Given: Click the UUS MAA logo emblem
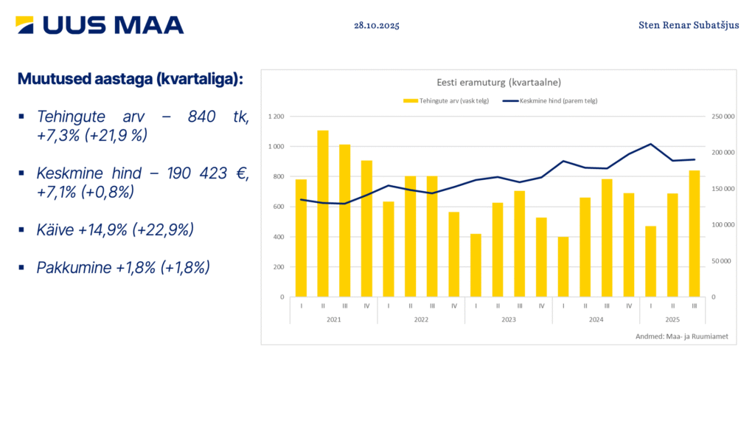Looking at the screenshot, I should pos(24,25).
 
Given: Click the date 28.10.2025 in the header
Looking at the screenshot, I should pos(376,25).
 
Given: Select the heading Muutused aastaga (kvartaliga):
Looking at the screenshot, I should pos(130,79).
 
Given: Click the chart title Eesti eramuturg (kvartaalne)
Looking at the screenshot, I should pos(498,82).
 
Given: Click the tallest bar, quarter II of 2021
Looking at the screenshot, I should pos(323,214).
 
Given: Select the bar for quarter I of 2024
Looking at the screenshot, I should pos(563,267).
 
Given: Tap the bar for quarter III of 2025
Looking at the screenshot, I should pos(695,234).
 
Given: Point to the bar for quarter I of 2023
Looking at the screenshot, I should pos(476,266).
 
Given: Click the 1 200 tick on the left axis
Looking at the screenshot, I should pos(276,117).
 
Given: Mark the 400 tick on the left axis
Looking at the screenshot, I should pos(279,237).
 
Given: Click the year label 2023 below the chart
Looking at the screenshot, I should pos(509,320).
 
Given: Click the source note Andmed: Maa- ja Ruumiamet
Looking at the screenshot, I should pos(681,336).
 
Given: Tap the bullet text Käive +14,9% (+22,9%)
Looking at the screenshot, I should pos(115,229).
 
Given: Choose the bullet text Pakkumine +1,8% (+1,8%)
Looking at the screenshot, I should pos(123,267).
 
